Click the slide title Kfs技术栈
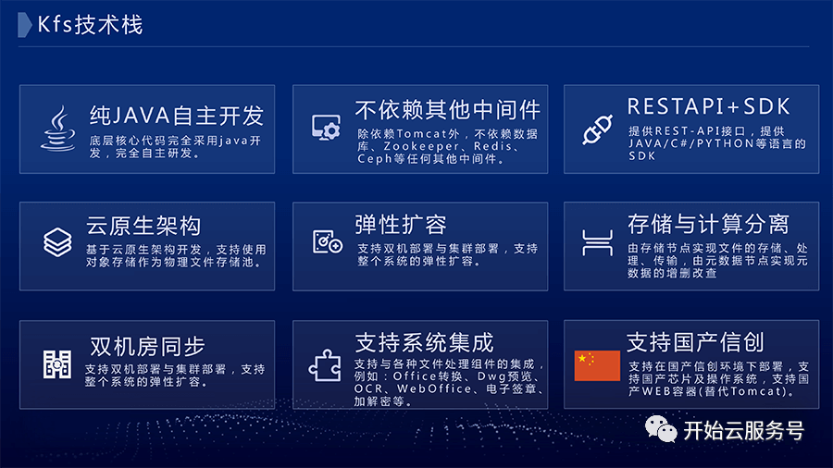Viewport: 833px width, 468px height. click(x=90, y=25)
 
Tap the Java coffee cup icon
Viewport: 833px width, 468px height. click(x=58, y=129)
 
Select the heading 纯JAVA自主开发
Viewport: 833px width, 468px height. click(x=177, y=115)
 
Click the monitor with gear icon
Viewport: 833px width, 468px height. click(x=326, y=128)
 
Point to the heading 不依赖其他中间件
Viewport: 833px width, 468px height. click(x=447, y=110)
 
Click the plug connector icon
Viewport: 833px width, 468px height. click(x=597, y=130)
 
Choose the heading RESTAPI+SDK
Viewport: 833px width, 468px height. click(x=709, y=106)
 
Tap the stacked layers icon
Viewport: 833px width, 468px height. click(x=57, y=242)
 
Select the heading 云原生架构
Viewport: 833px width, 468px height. click(x=143, y=226)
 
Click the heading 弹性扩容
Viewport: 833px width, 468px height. click(x=401, y=225)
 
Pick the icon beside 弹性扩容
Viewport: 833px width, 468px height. click(x=328, y=242)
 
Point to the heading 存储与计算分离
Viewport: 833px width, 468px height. click(x=708, y=224)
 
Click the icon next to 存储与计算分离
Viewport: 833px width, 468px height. click(x=598, y=243)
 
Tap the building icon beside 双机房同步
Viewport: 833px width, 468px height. click(x=56, y=364)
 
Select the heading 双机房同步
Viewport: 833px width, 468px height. click(x=147, y=347)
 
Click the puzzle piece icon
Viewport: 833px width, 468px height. click(x=325, y=365)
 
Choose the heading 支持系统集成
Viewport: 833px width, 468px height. click(x=425, y=343)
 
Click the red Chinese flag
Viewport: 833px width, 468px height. click(x=597, y=365)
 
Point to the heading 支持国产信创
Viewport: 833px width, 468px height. click(x=695, y=342)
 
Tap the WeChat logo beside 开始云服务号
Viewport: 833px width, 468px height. click(x=661, y=429)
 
